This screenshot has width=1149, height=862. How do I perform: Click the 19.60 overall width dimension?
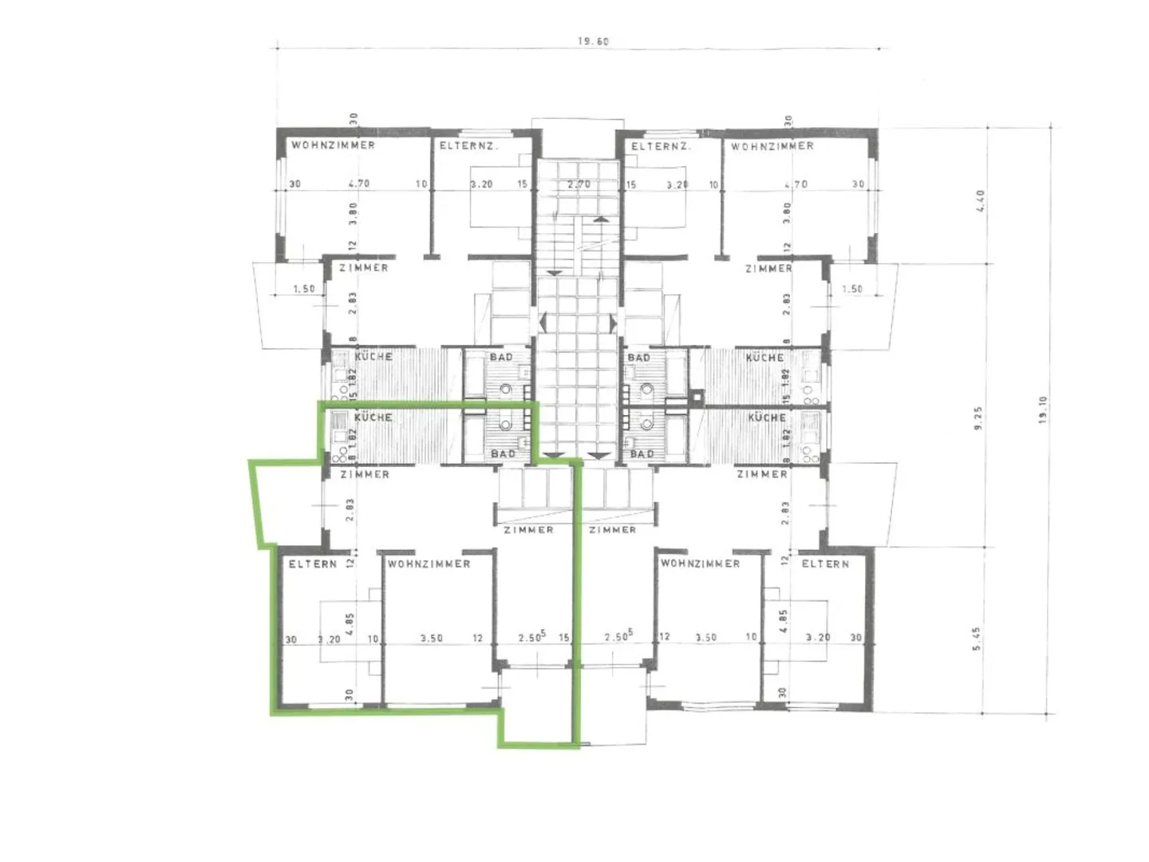coord(593,42)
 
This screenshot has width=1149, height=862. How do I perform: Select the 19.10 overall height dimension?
coord(1043,411)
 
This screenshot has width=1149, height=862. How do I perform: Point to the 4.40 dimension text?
coord(981,196)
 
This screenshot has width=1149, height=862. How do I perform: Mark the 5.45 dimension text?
coord(977,639)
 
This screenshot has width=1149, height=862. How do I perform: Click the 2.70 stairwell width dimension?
coord(578,184)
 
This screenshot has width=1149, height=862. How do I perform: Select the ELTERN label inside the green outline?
coord(313,563)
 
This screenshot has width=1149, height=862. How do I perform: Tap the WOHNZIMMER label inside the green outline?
coord(429,563)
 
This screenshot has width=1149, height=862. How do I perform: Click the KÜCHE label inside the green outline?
coord(373,417)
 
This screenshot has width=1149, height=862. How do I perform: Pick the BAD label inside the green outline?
coord(503,453)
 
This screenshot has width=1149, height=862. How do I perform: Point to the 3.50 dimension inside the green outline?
coord(432,639)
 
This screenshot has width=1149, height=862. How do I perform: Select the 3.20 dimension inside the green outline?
coord(329,639)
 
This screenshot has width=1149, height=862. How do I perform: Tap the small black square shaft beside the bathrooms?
coord(699,394)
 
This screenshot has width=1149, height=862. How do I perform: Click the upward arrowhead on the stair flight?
coord(600,217)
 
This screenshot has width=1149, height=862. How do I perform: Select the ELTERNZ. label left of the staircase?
coord(469,146)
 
